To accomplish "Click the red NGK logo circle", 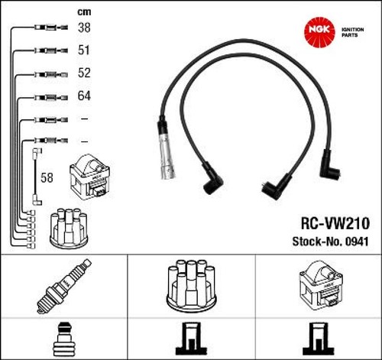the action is coord(319,32).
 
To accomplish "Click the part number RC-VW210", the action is coord(335,223).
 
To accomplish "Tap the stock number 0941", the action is coord(357,242).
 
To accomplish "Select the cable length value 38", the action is coord(84,28).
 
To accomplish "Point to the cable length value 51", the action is coord(84,50).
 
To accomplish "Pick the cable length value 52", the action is coord(84,73).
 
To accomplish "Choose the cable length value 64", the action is coord(84,96).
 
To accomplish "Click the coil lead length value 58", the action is coord(47,177).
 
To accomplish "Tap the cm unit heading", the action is coord(84,12).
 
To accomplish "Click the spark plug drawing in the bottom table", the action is coord(63,286).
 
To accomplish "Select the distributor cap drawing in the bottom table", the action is coord(191,285).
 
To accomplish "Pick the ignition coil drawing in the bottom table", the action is coord(320,284).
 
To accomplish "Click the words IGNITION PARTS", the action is coord(352,32).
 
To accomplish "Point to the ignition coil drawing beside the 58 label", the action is coord(89,177).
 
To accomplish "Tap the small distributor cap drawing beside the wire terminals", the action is coord(69,229).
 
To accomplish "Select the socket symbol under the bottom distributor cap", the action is coord(191,339).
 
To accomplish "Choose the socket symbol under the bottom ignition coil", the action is coord(318,339).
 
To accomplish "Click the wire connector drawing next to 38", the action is coord(51,27).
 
